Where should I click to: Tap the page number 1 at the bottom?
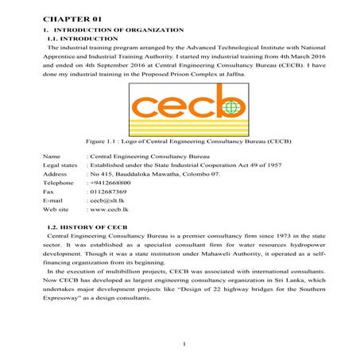[183, 343]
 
